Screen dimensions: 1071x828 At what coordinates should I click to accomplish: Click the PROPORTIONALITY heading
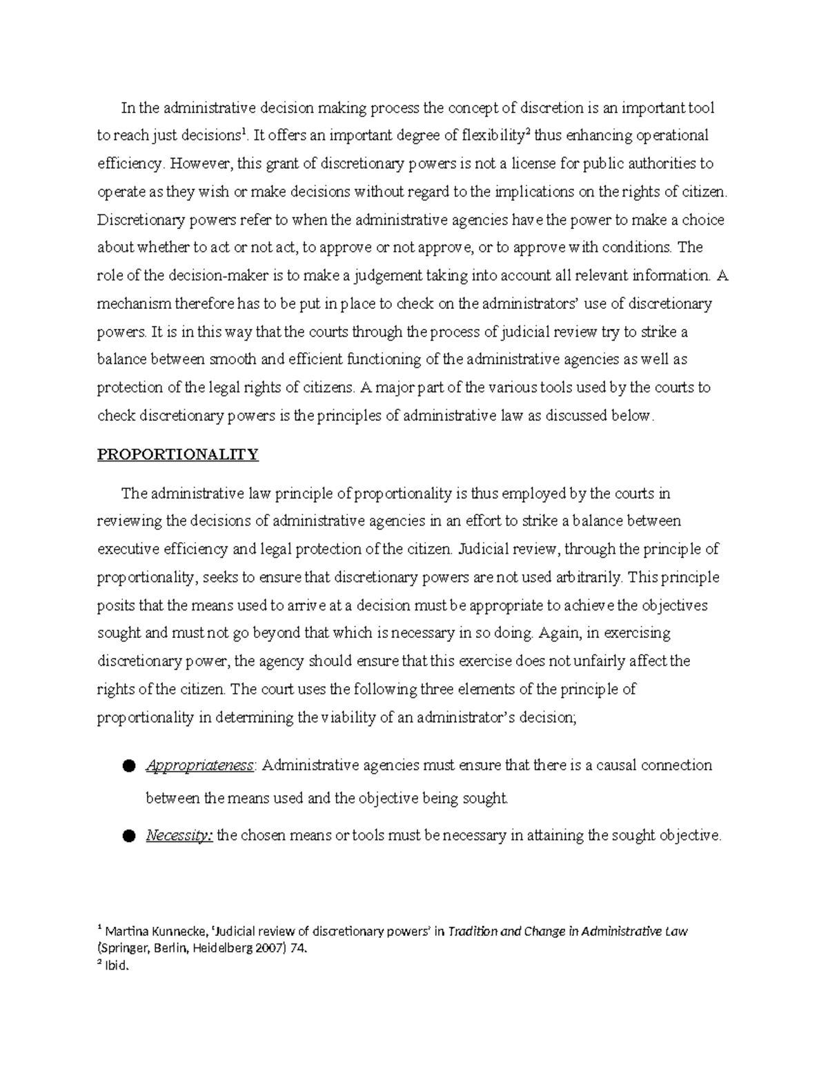(177, 454)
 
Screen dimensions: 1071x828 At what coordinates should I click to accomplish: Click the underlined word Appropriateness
(199, 765)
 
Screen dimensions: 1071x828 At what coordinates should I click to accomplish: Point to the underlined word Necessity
(179, 836)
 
